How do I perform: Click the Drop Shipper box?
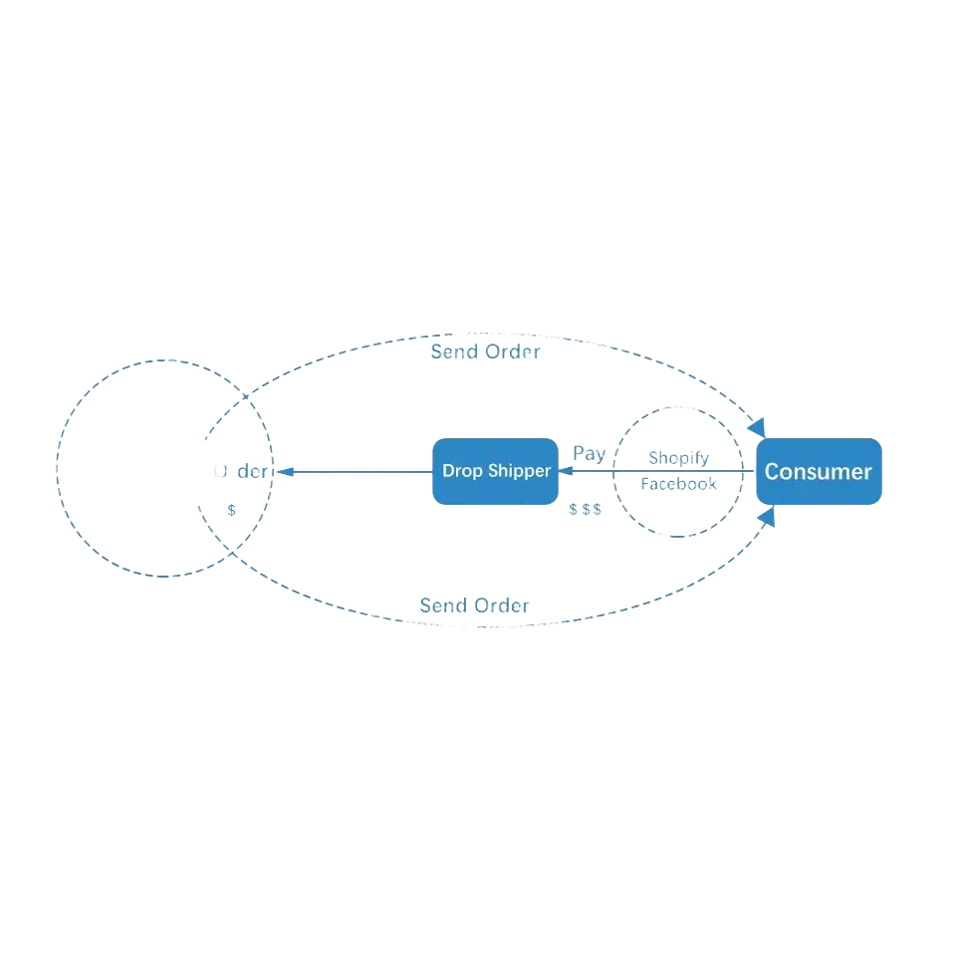495,471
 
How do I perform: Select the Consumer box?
819,472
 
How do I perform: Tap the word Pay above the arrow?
590,453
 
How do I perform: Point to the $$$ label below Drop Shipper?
586,509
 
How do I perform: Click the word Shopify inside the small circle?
678,458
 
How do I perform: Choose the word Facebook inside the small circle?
678,485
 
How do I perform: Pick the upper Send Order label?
485,352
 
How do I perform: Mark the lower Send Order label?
475,605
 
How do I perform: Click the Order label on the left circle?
241,471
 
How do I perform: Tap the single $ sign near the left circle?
232,509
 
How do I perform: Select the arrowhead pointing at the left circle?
283,471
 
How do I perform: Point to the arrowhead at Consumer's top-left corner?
759,427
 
